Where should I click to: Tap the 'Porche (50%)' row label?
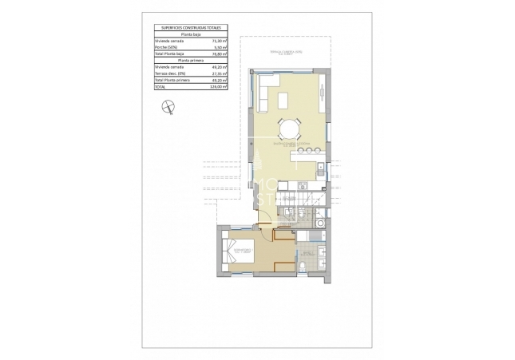[168, 47]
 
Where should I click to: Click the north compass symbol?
[168, 108]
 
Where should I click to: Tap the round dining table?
[290, 129]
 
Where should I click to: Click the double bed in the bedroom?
[238, 255]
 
